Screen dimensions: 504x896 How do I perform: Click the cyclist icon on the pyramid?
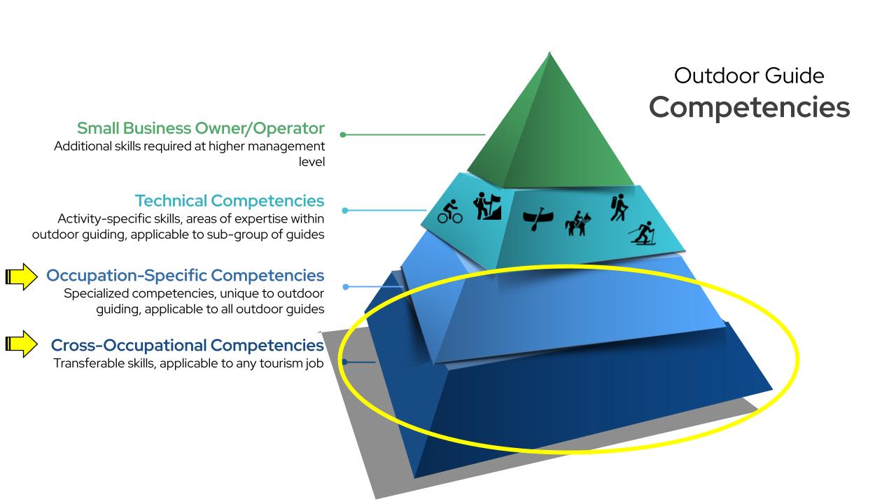[x=450, y=212]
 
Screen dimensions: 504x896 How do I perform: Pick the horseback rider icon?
[x=578, y=223]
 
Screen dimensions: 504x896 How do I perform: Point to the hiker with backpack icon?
[x=617, y=208]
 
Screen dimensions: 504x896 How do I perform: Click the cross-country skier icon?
[x=643, y=232]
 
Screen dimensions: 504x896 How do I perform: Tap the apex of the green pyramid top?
[x=550, y=53]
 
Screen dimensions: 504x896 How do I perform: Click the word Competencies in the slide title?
[x=749, y=107]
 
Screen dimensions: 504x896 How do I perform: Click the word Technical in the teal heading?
[x=170, y=202]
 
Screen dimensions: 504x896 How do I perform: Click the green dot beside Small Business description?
[x=343, y=134]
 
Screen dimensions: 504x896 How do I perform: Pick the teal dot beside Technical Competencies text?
[x=344, y=210]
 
